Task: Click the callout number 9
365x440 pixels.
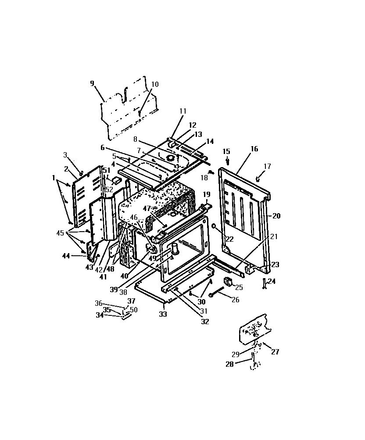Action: (92, 83)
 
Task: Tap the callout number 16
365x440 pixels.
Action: (254, 149)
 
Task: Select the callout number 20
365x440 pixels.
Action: (276, 216)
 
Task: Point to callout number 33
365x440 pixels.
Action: (163, 314)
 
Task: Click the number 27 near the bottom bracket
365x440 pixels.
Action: (275, 352)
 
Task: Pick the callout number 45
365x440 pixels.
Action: (60, 233)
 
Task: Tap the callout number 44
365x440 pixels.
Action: (66, 256)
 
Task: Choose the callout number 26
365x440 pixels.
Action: (236, 300)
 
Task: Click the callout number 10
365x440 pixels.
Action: (155, 84)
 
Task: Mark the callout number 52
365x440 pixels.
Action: (109, 190)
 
